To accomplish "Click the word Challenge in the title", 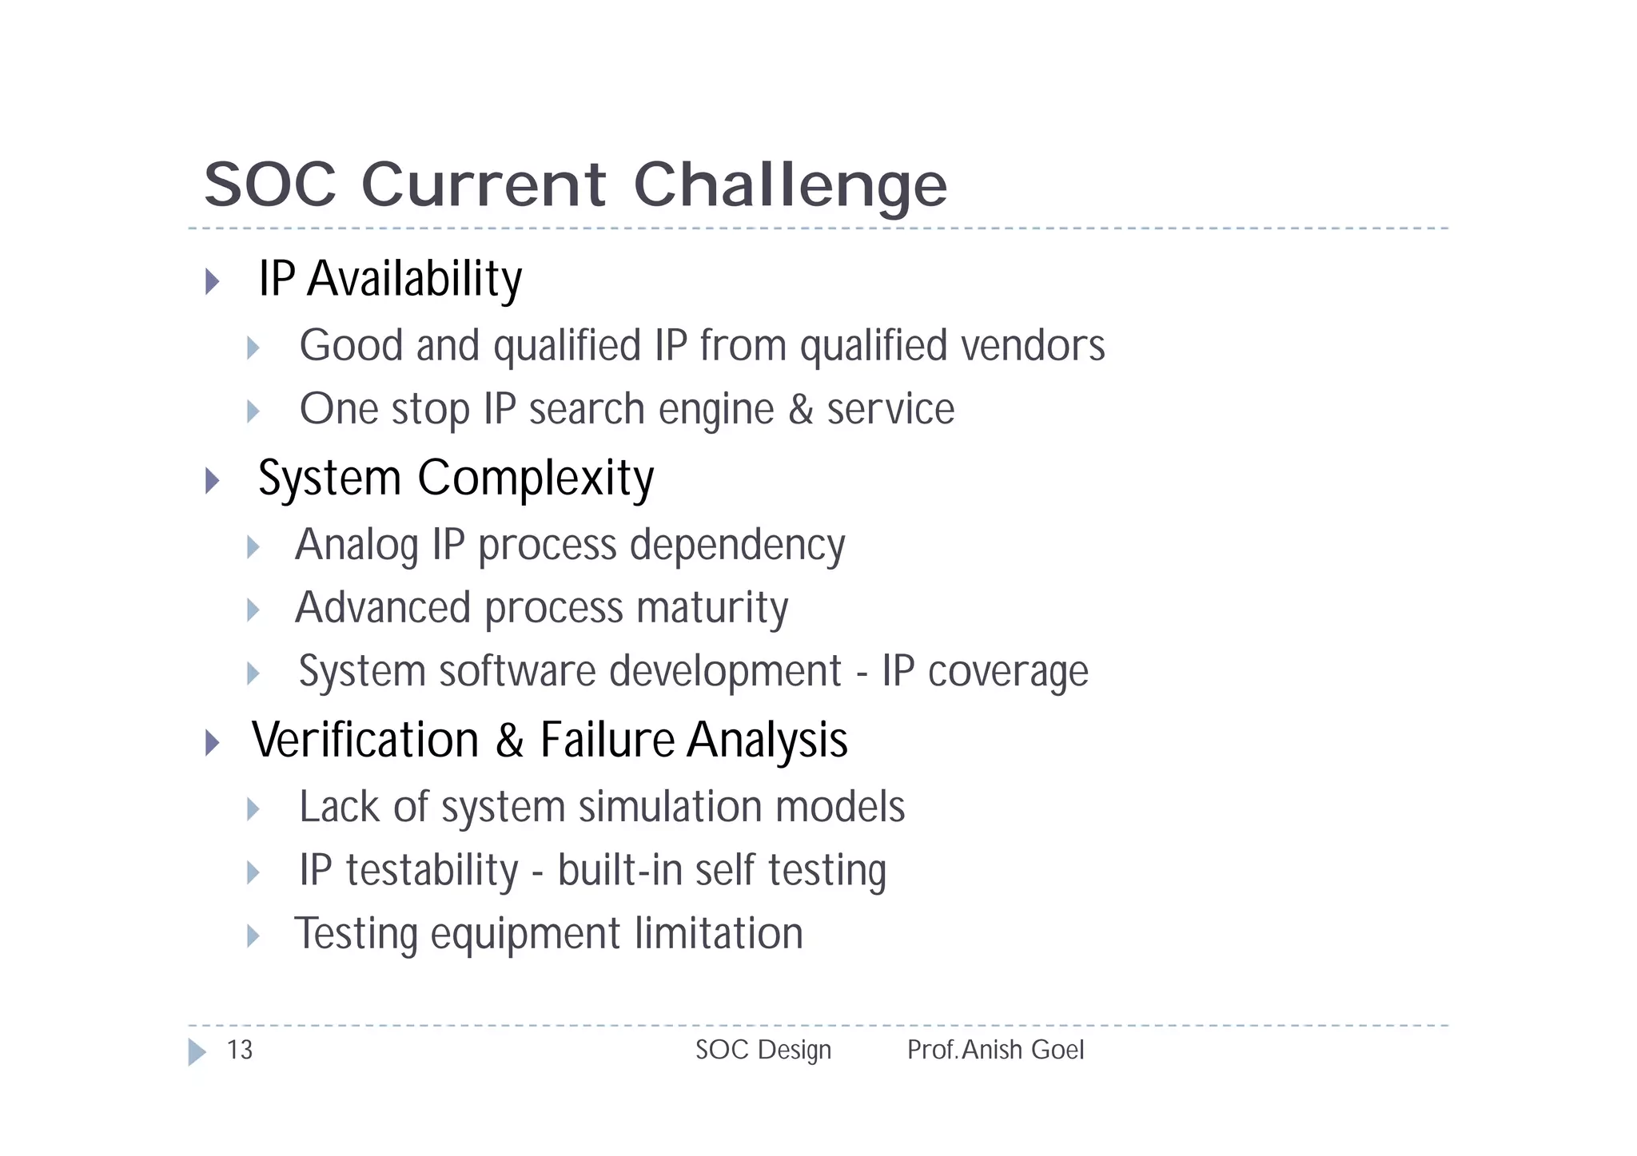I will pyautogui.click(x=790, y=185).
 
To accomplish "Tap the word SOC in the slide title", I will pyautogui.click(x=270, y=185).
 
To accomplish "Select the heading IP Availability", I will pyautogui.click(x=390, y=279).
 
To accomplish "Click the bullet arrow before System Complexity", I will pyautogui.click(x=212, y=480).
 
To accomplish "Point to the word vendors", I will pyautogui.click(x=1033, y=345).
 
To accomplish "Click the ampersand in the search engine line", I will pyautogui.click(x=801, y=409).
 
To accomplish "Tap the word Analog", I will pyautogui.click(x=356, y=546).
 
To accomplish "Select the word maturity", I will pyautogui.click(x=712, y=608).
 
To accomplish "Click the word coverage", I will pyautogui.click(x=1008, y=671).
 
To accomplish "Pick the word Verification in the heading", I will pyautogui.click(x=365, y=740).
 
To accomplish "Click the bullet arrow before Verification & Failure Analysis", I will pyautogui.click(x=212, y=742).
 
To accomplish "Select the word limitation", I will pyautogui.click(x=719, y=933).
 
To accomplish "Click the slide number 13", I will pyautogui.click(x=240, y=1050).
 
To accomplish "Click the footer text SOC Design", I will pyautogui.click(x=763, y=1050).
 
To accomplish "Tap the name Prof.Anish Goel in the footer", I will pyautogui.click(x=995, y=1050).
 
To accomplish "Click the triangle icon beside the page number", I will pyautogui.click(x=196, y=1051).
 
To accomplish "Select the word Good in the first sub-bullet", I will pyautogui.click(x=351, y=345).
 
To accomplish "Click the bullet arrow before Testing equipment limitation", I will pyautogui.click(x=253, y=936).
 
